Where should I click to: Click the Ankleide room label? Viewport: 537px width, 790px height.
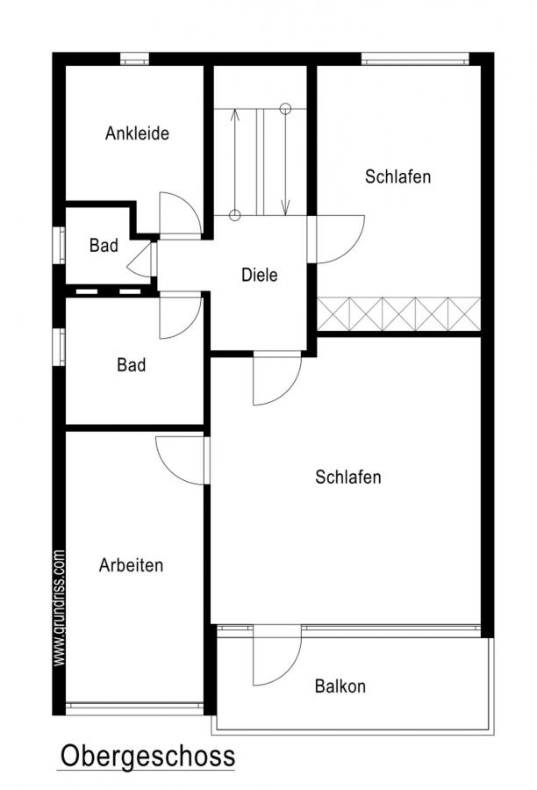(x=137, y=133)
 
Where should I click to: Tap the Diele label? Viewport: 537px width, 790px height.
(x=260, y=275)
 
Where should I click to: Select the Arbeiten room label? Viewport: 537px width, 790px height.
(x=131, y=565)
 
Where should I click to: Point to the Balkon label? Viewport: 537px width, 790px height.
(x=340, y=686)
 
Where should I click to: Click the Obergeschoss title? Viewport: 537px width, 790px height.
(x=148, y=757)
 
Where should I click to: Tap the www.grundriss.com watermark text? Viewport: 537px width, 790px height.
(x=59, y=608)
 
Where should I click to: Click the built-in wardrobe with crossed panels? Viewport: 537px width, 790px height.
(x=398, y=314)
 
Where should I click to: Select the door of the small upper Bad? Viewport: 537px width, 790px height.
(x=142, y=260)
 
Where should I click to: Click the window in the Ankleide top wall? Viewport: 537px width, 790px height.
(x=134, y=59)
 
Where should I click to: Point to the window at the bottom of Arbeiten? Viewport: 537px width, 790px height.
(x=134, y=708)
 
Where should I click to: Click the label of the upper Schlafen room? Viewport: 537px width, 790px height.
(x=398, y=176)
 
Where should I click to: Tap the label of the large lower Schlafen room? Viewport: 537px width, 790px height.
(x=348, y=477)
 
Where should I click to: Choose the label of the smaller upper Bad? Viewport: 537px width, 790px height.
(x=104, y=246)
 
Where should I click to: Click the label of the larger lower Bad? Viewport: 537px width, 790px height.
(x=132, y=365)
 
